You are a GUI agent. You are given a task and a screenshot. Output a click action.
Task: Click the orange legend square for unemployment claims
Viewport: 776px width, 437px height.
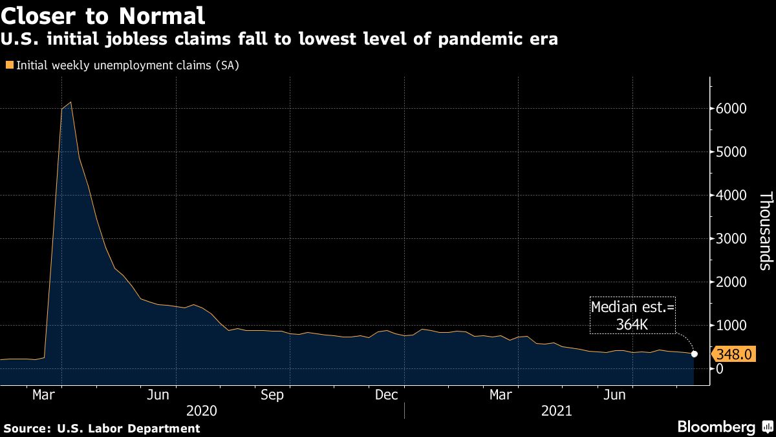pos(9,65)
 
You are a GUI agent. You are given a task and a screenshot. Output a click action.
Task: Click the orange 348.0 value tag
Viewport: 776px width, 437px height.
pos(733,354)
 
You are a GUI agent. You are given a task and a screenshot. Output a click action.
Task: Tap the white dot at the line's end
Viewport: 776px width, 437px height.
pos(695,353)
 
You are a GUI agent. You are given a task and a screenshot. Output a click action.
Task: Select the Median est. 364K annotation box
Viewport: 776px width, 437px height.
pos(632,315)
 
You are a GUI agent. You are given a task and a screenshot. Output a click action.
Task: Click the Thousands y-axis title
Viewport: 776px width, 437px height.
pos(765,230)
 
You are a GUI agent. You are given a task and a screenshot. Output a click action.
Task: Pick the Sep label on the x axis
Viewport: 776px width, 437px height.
pos(272,395)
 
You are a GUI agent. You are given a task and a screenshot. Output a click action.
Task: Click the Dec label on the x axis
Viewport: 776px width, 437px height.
pos(386,395)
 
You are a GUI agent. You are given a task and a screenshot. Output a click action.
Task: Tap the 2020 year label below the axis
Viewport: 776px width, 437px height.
pos(202,410)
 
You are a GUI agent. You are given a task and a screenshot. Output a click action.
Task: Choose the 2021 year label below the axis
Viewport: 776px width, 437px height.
pos(556,410)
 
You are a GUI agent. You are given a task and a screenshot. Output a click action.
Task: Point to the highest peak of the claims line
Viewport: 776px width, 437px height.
pos(70,102)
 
